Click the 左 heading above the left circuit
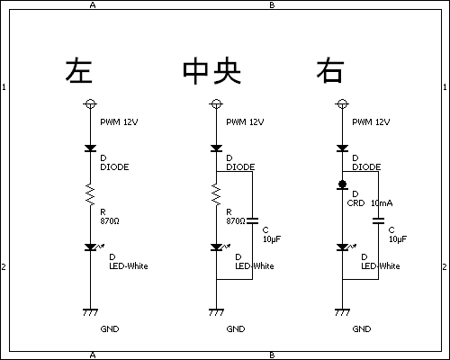78,71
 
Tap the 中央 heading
212,71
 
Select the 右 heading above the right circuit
330,71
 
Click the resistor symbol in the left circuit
90,194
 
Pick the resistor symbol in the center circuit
216,194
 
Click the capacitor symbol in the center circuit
252,221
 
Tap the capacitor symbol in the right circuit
378,221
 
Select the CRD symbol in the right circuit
342,185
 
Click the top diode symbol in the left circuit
90,148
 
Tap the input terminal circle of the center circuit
216,104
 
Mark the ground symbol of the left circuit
90,312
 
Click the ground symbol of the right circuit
342,312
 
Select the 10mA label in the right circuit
382,203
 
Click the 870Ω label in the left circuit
110,221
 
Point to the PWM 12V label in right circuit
371,121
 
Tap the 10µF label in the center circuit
272,239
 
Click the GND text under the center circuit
236,329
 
